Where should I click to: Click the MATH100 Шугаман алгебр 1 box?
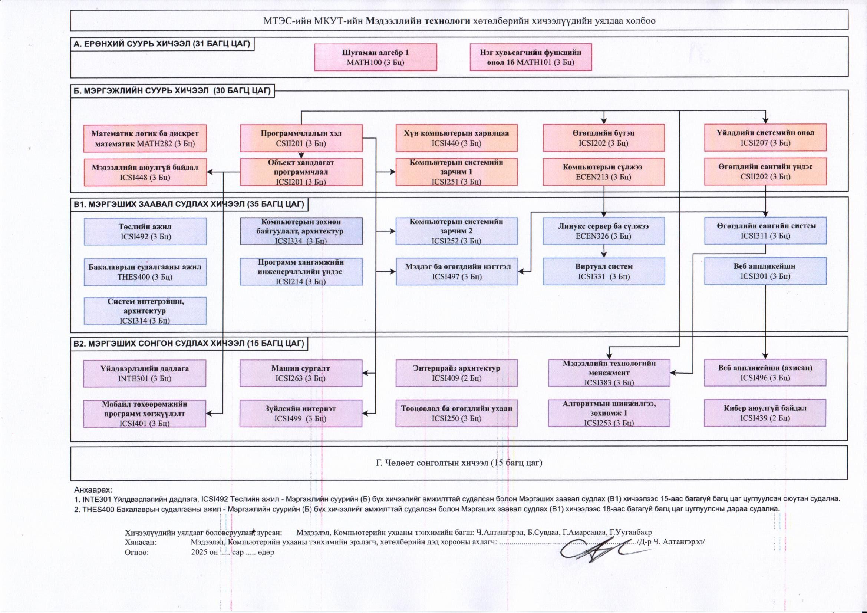tap(375, 57)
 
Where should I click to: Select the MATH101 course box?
tap(531, 57)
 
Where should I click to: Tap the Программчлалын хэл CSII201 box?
tap(301, 138)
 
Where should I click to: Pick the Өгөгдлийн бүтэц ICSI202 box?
tap(603, 138)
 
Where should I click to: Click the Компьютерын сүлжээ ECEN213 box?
tap(603, 172)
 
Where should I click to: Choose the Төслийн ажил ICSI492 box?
tap(145, 231)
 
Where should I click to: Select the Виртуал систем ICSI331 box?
tap(603, 271)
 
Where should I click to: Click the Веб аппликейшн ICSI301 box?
tap(765, 271)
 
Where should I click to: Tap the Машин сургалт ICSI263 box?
tap(301, 373)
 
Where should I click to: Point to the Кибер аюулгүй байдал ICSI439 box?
tap(765, 413)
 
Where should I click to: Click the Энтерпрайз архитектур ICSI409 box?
tap(456, 373)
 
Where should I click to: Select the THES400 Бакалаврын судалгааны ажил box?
tap(145, 272)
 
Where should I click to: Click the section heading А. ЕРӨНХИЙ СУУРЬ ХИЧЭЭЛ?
tap(162, 44)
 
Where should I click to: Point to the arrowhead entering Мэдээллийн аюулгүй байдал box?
tap(210, 172)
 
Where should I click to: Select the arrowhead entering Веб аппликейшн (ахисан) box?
tap(765, 356)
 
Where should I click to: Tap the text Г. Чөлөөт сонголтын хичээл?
tap(459, 463)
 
